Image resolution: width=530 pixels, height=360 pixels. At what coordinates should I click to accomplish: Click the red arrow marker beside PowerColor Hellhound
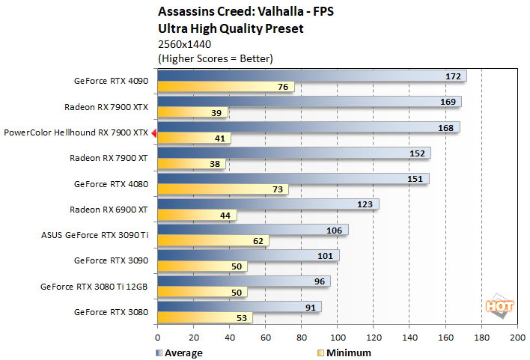click(x=153, y=133)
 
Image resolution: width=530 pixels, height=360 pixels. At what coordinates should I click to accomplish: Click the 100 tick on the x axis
click(x=338, y=338)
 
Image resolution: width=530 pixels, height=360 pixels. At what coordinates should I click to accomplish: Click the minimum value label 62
click(x=258, y=241)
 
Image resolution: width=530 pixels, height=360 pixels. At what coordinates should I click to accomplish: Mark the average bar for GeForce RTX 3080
click(x=240, y=306)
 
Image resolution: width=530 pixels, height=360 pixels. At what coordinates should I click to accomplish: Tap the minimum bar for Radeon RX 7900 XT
click(x=192, y=164)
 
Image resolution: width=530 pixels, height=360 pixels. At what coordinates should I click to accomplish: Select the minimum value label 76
click(x=283, y=87)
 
